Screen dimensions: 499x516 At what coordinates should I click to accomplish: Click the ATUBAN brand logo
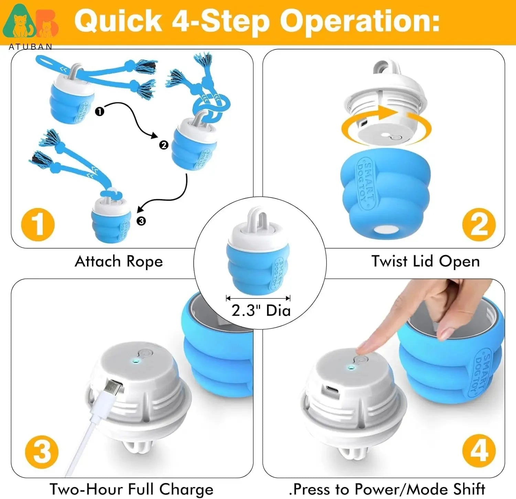pos(30,26)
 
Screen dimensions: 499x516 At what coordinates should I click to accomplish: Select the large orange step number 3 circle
pos(42,452)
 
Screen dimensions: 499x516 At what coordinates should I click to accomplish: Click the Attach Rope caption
pos(119,262)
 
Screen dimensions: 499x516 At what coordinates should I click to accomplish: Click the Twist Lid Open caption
pos(425,262)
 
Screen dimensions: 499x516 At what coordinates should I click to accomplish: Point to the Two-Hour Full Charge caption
pos(131,489)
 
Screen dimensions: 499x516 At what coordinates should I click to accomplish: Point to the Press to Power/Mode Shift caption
pos(387,489)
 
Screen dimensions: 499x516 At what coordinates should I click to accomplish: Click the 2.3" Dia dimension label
pos(261,310)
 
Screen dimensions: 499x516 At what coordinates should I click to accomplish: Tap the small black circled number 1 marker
pos(99,111)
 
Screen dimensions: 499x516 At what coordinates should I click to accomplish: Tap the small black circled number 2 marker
pos(164,145)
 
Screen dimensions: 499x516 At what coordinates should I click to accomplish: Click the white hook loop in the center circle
pos(258,218)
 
